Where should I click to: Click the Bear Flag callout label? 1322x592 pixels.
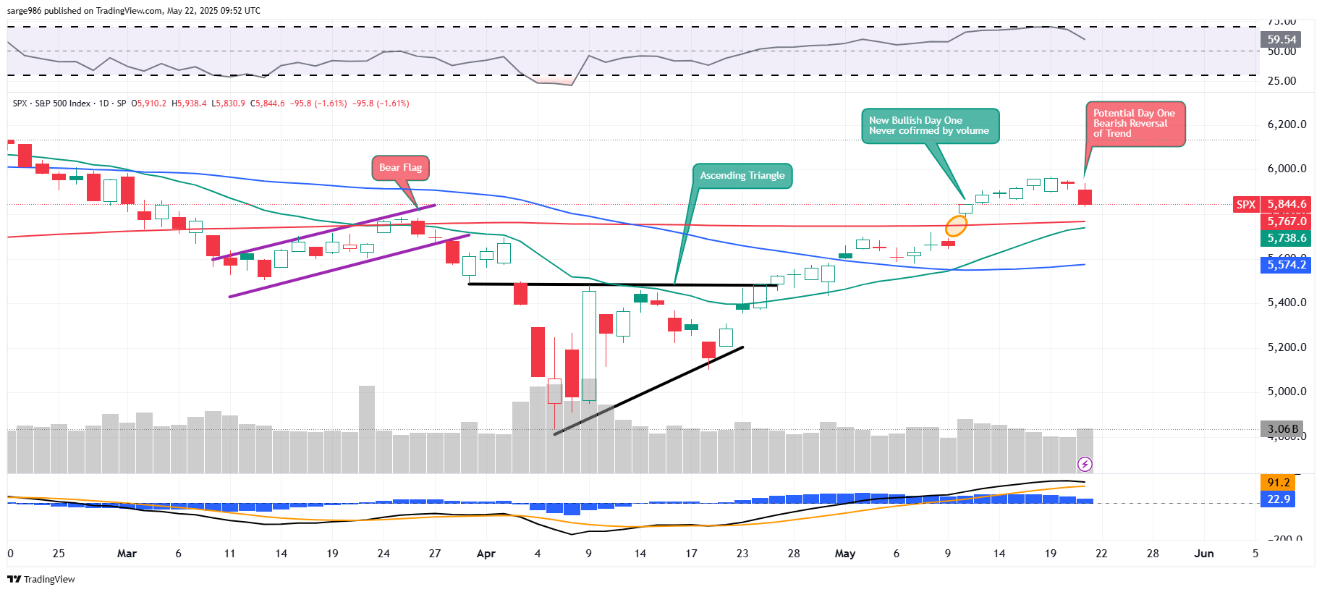[x=401, y=168]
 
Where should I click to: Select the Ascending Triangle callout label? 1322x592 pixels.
[x=742, y=176]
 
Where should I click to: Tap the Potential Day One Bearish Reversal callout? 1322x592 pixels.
[x=1135, y=124]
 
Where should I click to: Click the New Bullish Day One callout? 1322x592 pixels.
[x=930, y=126]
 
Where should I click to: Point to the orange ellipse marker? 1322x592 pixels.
[x=956, y=227]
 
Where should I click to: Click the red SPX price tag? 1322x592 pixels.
[x=1246, y=205]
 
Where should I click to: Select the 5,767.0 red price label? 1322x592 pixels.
[x=1287, y=221]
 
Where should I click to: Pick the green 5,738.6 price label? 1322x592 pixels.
[x=1287, y=238]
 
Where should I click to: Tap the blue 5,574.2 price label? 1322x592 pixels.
[x=1287, y=265]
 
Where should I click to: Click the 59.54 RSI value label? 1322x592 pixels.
[x=1281, y=40]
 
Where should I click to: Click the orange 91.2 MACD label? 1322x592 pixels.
[x=1279, y=483]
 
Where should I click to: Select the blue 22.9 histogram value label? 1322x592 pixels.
[x=1279, y=499]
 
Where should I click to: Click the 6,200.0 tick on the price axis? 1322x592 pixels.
[x=1287, y=124]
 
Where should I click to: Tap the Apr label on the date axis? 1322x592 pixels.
[x=486, y=554]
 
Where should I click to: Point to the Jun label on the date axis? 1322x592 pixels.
[x=1204, y=554]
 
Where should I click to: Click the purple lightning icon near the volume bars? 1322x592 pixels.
[x=1085, y=464]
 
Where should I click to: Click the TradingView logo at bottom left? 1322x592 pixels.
[x=41, y=579]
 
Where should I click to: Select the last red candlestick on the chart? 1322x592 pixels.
[x=1085, y=196]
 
